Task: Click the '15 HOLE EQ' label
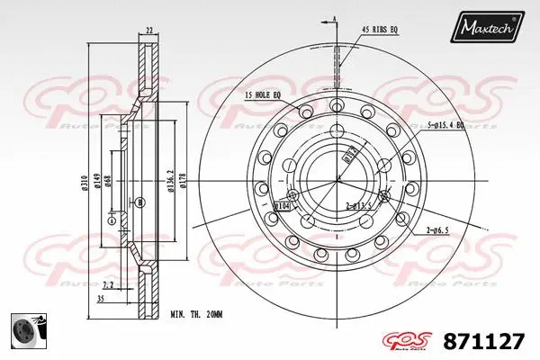click(x=262, y=94)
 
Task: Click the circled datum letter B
click(x=139, y=202)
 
